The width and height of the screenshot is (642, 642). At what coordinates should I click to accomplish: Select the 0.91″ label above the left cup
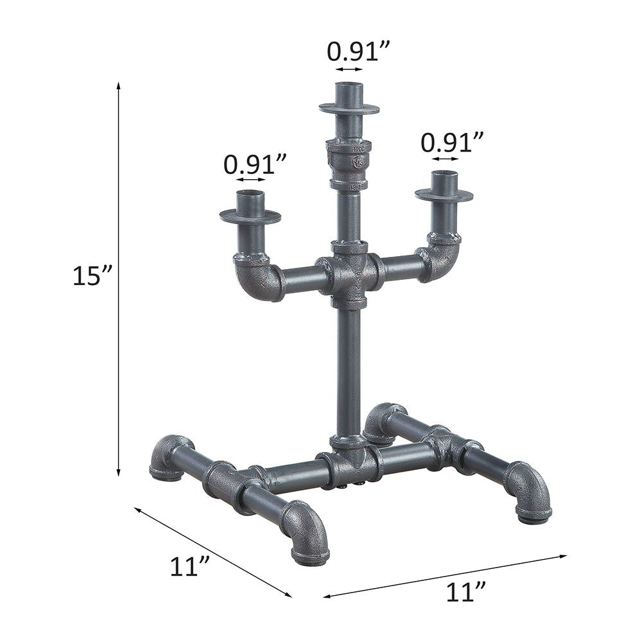(254, 165)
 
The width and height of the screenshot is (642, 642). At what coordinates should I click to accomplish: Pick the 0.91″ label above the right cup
(452, 142)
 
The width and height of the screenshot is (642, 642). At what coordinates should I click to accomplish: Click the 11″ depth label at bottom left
(190, 566)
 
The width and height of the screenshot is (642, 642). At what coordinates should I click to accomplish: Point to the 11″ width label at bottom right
(465, 592)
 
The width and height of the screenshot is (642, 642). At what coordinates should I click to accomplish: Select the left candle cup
(250, 209)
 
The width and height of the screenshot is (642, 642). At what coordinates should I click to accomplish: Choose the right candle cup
(444, 187)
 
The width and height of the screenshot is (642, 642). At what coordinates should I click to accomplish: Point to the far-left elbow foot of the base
(169, 457)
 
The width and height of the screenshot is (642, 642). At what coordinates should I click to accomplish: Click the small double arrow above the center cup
(349, 69)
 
